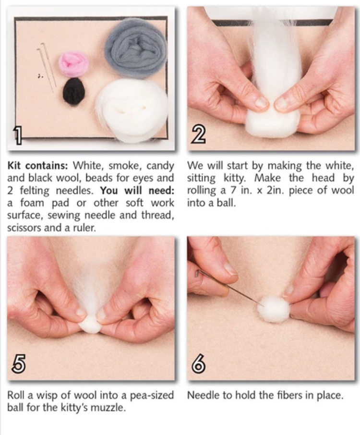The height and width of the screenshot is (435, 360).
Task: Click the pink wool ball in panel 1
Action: [74, 63]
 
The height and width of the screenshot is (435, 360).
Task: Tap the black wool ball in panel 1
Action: [74, 91]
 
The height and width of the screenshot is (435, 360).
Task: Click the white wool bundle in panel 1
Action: [132, 109]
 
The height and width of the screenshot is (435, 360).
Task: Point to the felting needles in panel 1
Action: [47, 67]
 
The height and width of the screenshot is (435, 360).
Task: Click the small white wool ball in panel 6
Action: [274, 308]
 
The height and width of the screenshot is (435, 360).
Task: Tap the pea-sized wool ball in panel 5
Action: [90, 325]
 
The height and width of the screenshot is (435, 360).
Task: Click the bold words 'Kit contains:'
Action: [38, 166]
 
